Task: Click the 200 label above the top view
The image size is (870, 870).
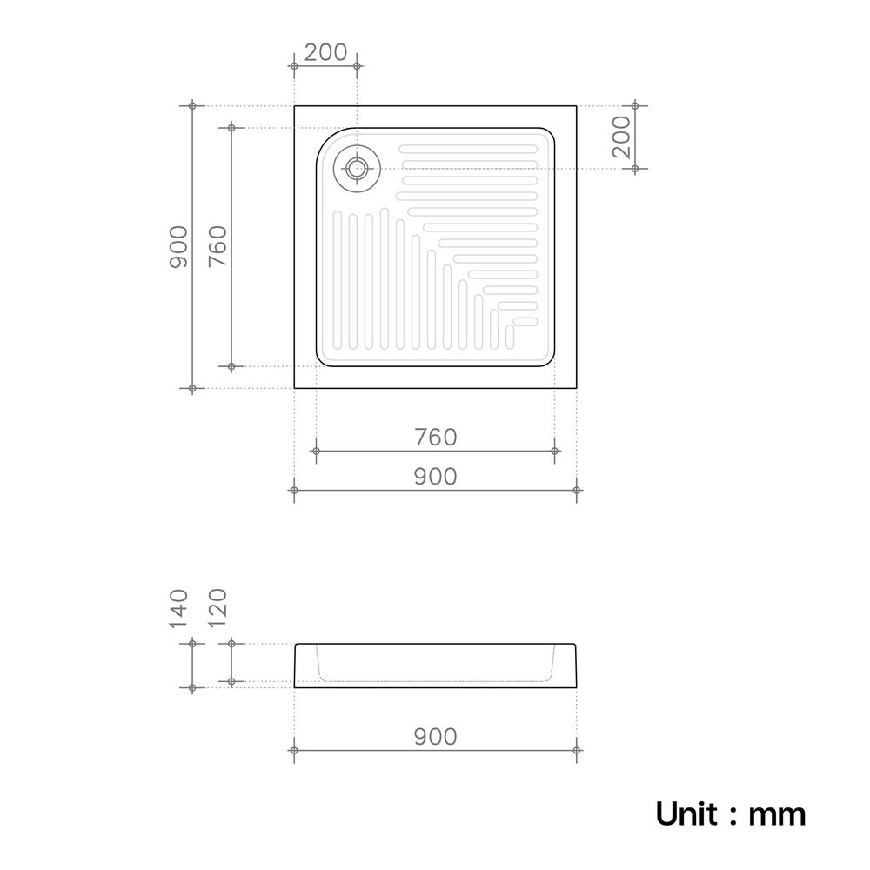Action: [325, 52]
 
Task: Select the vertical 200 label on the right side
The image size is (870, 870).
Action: [623, 137]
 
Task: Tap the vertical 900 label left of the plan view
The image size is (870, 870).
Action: [178, 247]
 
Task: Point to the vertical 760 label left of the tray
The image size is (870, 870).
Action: [218, 247]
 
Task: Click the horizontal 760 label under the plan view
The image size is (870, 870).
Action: [436, 438]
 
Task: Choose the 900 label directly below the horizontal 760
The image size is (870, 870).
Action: [436, 477]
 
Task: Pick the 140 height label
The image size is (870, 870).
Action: [178, 609]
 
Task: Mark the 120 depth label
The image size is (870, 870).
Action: [218, 607]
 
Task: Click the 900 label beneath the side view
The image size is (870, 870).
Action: [436, 737]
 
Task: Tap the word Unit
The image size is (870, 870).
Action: [686, 814]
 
